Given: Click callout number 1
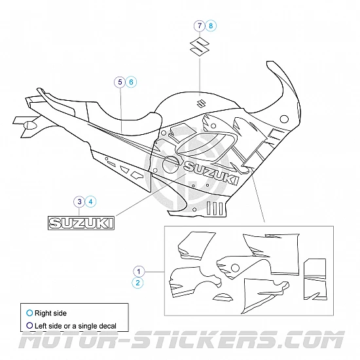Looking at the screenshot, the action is tap(139, 272).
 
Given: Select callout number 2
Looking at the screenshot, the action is tap(137, 283).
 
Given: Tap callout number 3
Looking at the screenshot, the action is tap(79, 202).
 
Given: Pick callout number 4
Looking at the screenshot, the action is tap(91, 202).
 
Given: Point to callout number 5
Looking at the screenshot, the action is tap(120, 82).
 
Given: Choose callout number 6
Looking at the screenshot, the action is tap(131, 82).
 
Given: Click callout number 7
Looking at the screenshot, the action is tap(200, 26).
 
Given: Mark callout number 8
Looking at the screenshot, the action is tap(211, 26).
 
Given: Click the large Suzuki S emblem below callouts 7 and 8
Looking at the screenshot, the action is tap(200, 46).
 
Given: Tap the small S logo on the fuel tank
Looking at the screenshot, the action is tap(202, 103).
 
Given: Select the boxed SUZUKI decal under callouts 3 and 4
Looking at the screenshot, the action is tap(81, 223).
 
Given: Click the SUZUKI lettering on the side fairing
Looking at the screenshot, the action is tap(211, 173).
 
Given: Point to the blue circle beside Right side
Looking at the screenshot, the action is tap(29, 313).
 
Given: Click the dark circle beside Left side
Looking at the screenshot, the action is tap(29, 325).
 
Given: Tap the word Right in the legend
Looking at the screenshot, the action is tap(43, 313).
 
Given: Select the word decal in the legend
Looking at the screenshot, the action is tap(107, 326).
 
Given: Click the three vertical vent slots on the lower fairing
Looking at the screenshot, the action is tap(215, 208).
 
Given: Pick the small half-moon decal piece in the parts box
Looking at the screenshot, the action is tap(223, 297).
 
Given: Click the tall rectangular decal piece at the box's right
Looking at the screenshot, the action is tap(315, 279).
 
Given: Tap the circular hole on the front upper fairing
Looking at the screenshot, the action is tap(284, 119).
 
